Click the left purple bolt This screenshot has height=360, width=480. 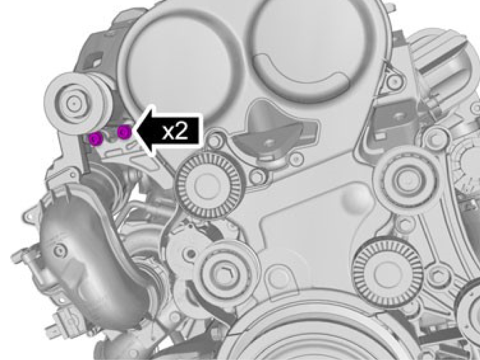coord(95,139)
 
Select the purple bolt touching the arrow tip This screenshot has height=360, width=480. coord(124,132)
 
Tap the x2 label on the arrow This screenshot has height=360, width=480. coord(175,132)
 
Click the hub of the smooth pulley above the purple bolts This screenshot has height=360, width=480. coord(73,104)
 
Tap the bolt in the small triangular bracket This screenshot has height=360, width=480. coord(394,80)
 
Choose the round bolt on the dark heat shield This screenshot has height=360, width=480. coord(60,251)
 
